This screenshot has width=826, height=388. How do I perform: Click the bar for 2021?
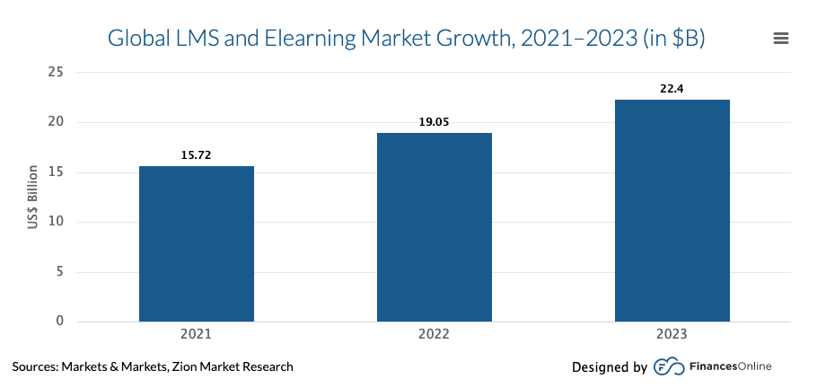tap(197, 243)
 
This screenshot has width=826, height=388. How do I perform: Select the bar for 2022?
tap(434, 227)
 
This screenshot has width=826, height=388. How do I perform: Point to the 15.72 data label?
tap(197, 155)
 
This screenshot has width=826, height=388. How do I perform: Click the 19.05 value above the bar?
tap(434, 122)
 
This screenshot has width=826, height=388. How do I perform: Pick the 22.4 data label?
tap(672, 88)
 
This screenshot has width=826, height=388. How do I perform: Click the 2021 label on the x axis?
tap(197, 334)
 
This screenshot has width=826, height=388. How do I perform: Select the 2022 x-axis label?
tap(434, 334)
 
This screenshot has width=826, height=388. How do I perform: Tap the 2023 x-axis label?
tap(672, 334)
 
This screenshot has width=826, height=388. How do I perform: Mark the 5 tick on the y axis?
tap(60, 271)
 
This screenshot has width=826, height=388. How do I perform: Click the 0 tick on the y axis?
tap(60, 321)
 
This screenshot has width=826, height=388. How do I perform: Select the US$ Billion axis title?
tap(32, 197)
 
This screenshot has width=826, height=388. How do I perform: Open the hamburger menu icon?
tap(780, 39)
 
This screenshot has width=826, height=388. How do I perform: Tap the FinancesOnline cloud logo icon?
tap(667, 366)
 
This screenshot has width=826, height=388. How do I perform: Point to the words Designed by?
tap(609, 366)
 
